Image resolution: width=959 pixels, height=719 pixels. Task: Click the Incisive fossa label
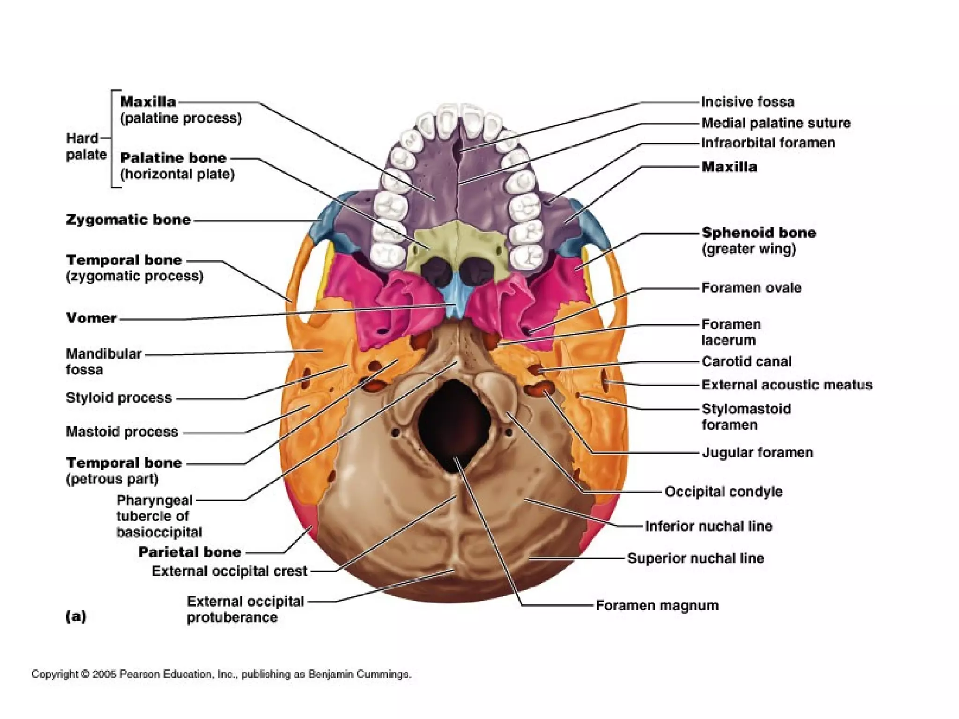click(748, 102)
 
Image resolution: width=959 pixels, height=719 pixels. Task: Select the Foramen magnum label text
click(657, 605)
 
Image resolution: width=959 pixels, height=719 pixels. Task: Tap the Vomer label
click(91, 318)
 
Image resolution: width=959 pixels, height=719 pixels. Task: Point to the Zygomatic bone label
click(128, 220)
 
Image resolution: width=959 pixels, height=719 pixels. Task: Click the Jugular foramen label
click(757, 452)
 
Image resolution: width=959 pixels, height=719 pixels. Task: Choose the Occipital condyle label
click(723, 492)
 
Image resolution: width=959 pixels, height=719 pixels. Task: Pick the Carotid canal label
click(746, 361)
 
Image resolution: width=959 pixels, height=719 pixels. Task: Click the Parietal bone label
click(190, 552)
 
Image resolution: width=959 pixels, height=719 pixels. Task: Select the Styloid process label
click(119, 397)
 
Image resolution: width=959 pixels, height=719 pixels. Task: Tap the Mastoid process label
click(122, 432)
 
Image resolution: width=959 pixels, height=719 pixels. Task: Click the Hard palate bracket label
click(86, 146)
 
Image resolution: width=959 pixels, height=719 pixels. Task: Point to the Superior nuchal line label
click(695, 558)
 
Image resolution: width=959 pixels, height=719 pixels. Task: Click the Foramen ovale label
click(751, 287)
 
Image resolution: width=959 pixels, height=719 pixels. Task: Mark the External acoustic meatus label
click(787, 385)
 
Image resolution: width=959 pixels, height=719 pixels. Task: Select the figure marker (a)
click(76, 616)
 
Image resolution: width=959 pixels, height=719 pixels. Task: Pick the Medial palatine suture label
click(776, 123)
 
